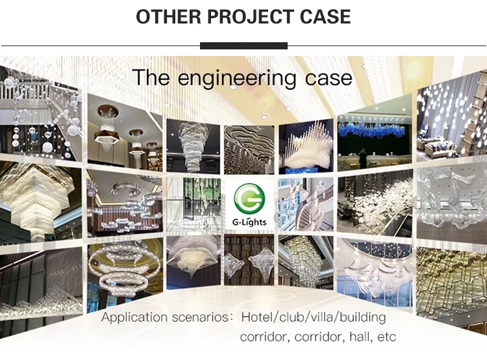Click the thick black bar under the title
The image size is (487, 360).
[243, 45]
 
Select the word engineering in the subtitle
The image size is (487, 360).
[236, 79]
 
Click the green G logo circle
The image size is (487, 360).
[249, 199]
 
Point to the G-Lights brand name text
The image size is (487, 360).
[249, 222]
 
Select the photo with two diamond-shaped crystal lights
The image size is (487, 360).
[249, 260]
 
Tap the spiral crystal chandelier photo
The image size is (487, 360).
[194, 146]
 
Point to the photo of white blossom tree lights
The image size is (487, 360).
[375, 202]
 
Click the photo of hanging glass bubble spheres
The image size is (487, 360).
[41, 116]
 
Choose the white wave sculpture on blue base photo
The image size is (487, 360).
[306, 146]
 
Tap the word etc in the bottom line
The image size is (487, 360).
[387, 337]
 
